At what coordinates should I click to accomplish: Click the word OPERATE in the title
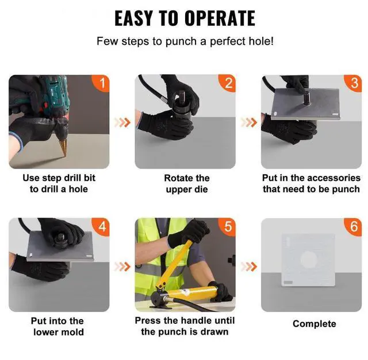pos(220,18)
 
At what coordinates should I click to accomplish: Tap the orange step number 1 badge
pos(101,83)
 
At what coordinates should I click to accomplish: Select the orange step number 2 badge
pos(227,83)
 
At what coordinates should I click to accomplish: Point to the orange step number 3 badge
pos(353,83)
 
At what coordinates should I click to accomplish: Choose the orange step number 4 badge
pos(101,227)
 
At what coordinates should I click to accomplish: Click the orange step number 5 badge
pos(227,227)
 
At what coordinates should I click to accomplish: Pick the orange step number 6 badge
pos(353,227)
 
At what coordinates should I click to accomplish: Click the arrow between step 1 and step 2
pos(122,122)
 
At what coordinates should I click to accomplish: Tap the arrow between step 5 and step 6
pos(249,267)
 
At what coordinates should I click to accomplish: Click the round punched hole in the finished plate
pos(309,260)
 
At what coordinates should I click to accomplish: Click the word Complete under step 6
pos(315,324)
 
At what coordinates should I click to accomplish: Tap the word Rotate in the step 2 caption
pos(177,178)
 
